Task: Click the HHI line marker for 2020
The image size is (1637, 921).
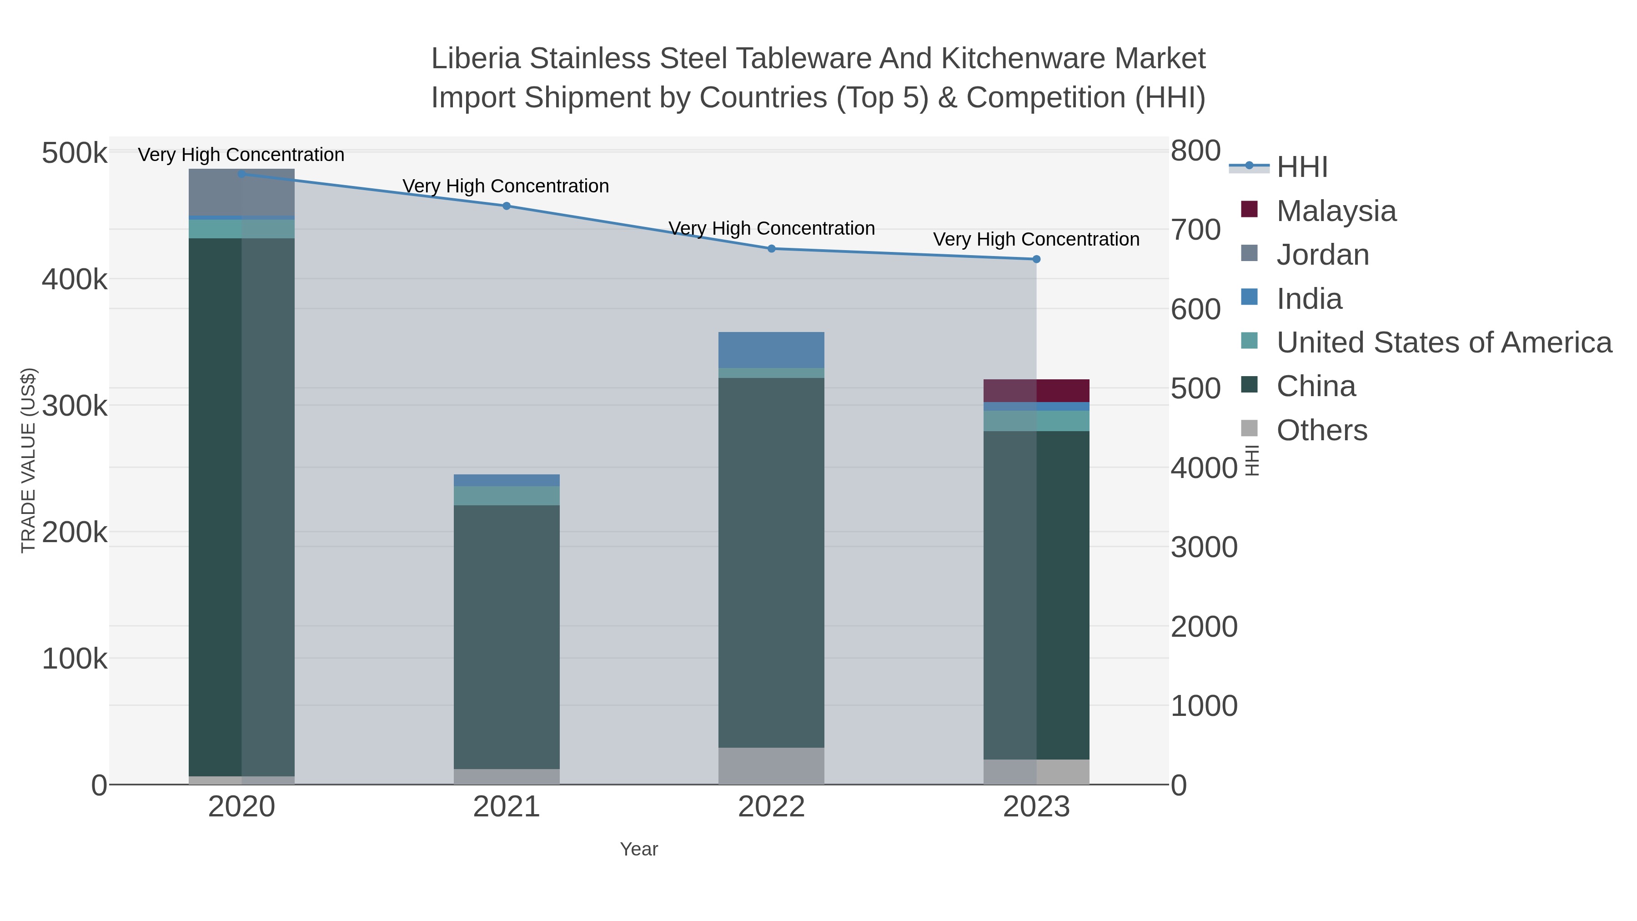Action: pyautogui.click(x=241, y=174)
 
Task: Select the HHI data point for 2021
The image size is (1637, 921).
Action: pyautogui.click(x=507, y=206)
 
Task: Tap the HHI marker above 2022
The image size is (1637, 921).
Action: pyautogui.click(x=772, y=248)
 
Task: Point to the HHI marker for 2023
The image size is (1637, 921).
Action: pyautogui.click(x=1036, y=259)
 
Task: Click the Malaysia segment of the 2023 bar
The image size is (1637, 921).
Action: pyautogui.click(x=1036, y=390)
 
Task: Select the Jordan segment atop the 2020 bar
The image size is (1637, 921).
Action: pyautogui.click(x=241, y=192)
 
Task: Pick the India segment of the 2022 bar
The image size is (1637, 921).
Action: pyautogui.click(x=772, y=350)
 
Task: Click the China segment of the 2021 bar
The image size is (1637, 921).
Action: pyautogui.click(x=507, y=636)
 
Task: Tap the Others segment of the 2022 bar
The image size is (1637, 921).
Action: pyautogui.click(x=772, y=765)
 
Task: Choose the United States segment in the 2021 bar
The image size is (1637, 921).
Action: pyautogui.click(x=507, y=496)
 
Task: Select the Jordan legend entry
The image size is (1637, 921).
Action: pyautogui.click(x=1322, y=255)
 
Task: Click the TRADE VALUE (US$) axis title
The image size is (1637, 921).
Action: pyautogui.click(x=29, y=460)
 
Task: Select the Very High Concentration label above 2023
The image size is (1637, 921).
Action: pyautogui.click(x=1036, y=239)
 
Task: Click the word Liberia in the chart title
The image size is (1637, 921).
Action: pyautogui.click(x=476, y=59)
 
